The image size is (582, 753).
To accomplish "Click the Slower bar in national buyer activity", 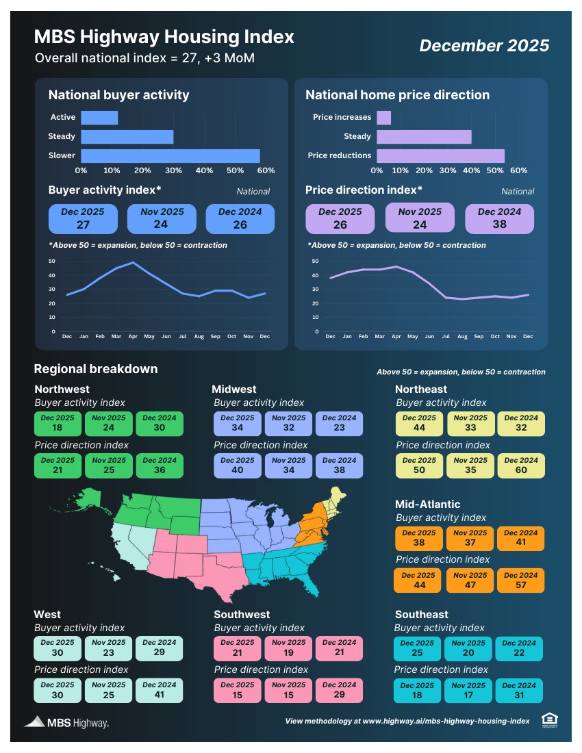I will [x=170, y=155].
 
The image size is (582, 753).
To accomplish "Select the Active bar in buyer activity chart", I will [x=99, y=118].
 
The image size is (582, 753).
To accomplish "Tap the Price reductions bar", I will [x=440, y=155].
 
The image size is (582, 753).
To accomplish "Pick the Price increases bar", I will [x=383, y=118].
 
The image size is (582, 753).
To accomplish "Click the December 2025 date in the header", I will [x=484, y=45].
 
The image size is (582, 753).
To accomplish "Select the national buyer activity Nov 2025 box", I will [x=162, y=218].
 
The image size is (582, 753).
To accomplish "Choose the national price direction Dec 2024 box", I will [x=499, y=218].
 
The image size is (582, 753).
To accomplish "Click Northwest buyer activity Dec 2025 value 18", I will [x=58, y=423].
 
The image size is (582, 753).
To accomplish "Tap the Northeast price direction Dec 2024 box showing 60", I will [x=520, y=465].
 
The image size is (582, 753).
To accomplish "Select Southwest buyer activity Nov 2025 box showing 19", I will [x=288, y=648].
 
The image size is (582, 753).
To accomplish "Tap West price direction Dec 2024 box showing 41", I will [x=160, y=690].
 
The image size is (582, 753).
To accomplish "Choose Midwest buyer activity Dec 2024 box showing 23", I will [x=339, y=423].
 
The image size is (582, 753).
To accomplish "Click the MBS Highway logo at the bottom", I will [x=66, y=722].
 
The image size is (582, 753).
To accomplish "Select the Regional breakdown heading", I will [x=96, y=369].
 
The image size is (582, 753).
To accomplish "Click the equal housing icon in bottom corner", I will [x=549, y=719].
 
